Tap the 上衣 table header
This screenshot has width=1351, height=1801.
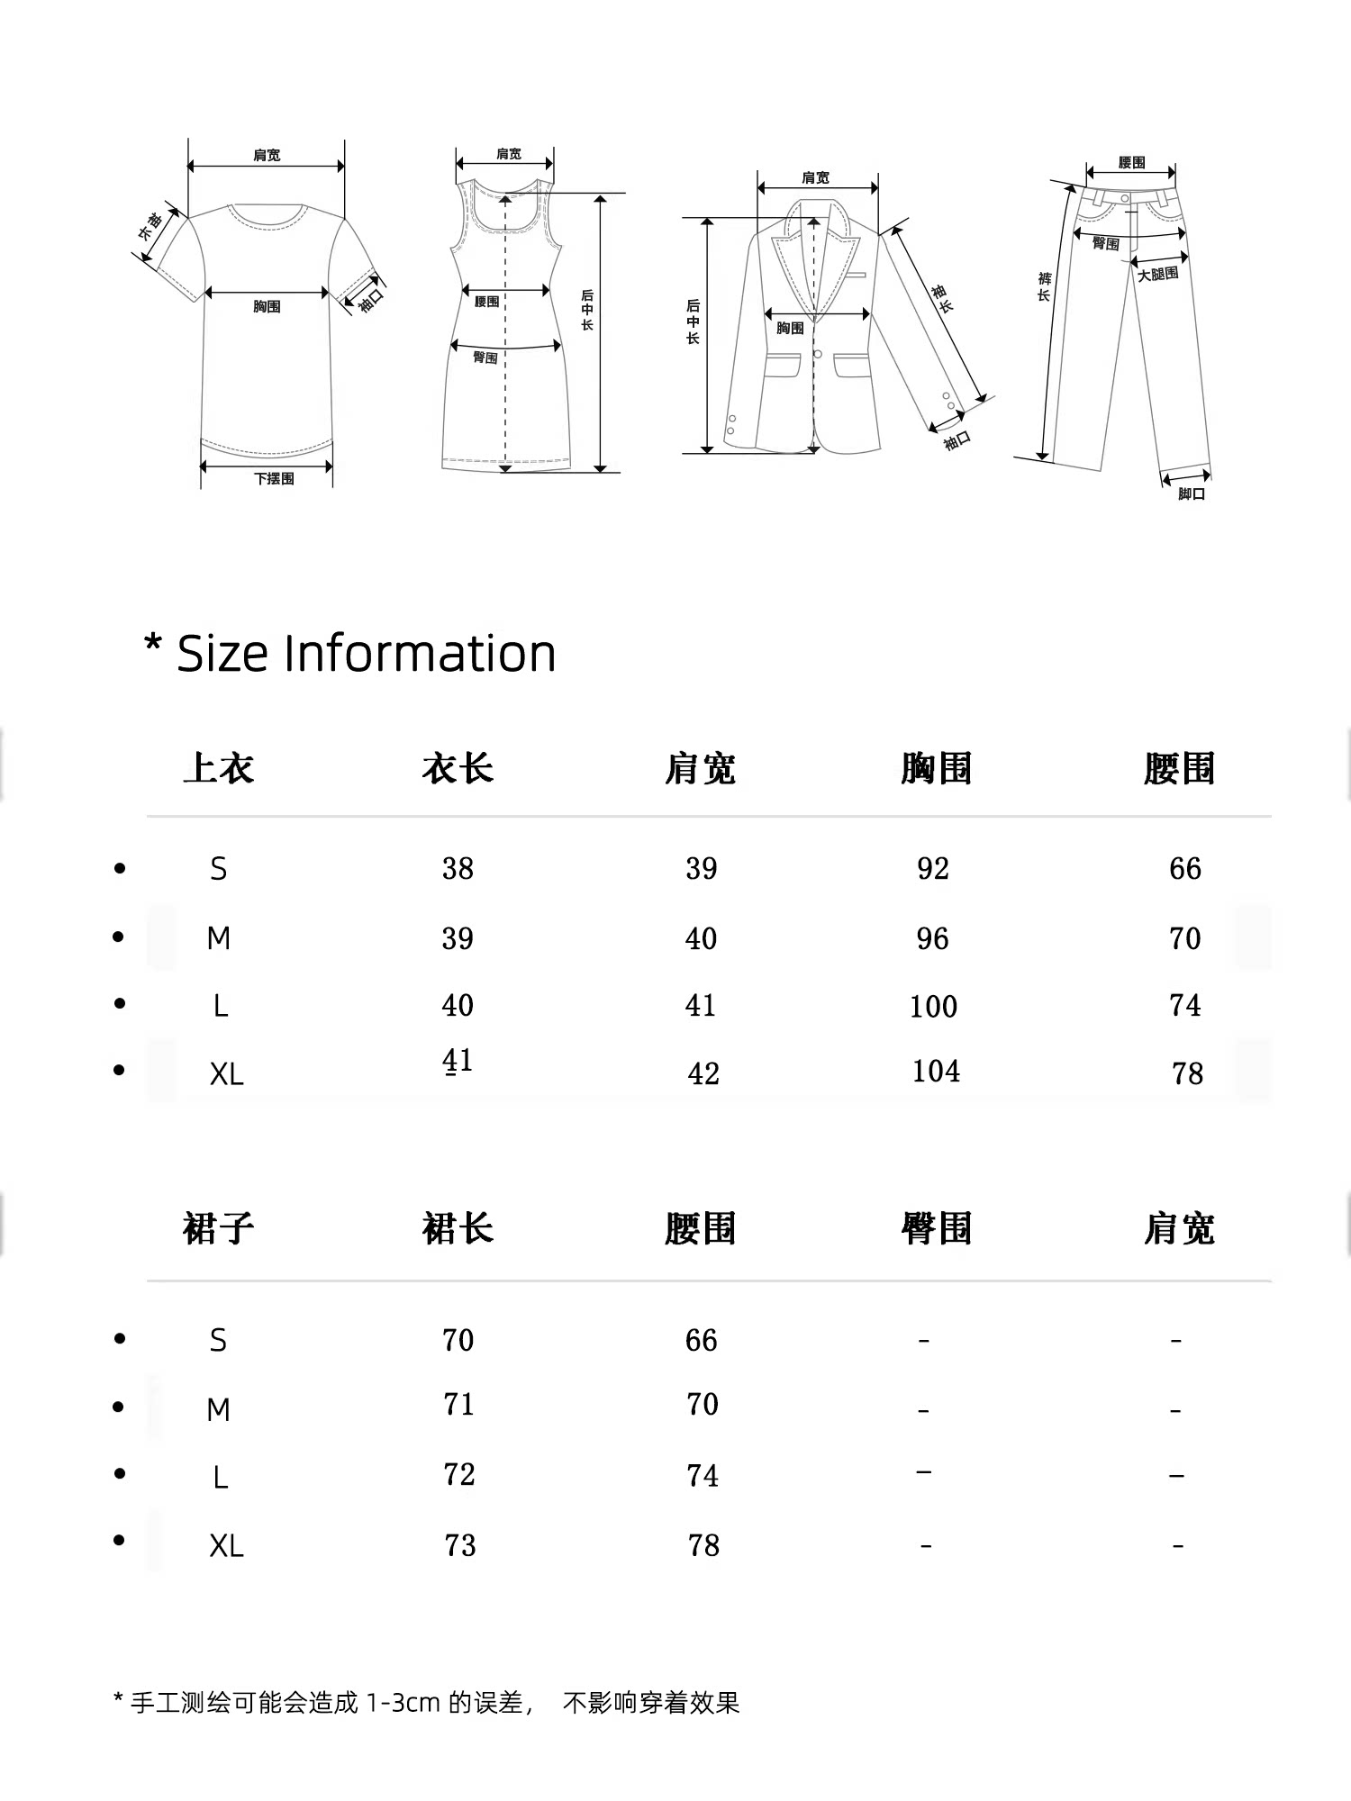coord(218,769)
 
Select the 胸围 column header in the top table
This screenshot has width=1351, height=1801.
coord(936,769)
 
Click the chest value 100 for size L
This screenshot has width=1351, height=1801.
coord(933,1006)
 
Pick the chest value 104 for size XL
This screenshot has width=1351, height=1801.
coord(936,1072)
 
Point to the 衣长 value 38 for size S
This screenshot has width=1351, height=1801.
coord(458,869)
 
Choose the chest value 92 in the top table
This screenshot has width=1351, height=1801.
coord(933,869)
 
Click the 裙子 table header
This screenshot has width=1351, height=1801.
coord(218,1229)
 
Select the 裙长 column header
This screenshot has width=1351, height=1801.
coord(458,1229)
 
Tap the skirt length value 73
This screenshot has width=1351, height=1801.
coord(459,1545)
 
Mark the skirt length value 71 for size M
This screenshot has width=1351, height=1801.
coord(458,1405)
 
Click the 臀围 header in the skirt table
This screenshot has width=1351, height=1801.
coord(936,1229)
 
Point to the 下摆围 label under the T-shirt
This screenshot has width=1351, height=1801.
coord(274,479)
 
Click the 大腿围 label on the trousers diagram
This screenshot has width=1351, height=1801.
coord(1157,274)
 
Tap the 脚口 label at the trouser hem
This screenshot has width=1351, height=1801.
coord(1192,494)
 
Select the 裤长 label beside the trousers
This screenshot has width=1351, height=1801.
coord(1044,286)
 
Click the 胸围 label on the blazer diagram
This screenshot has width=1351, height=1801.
coord(790,329)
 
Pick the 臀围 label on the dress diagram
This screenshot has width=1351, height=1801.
coord(485,358)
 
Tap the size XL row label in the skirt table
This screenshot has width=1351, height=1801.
coord(226,1546)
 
